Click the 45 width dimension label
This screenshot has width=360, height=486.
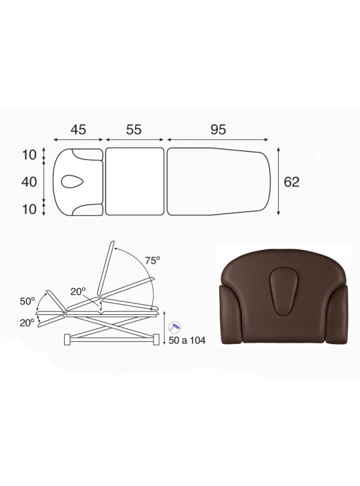[78, 129]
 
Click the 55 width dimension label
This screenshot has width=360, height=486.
[134, 129]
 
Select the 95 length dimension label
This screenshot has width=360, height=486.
[218, 129]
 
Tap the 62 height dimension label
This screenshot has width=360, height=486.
[292, 182]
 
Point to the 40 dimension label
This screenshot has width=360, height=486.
[29, 182]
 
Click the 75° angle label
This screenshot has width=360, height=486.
[152, 260]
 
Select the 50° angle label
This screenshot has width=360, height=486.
[27, 301]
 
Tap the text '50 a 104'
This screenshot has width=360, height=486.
[187, 340]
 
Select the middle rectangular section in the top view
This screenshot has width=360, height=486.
[134, 182]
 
